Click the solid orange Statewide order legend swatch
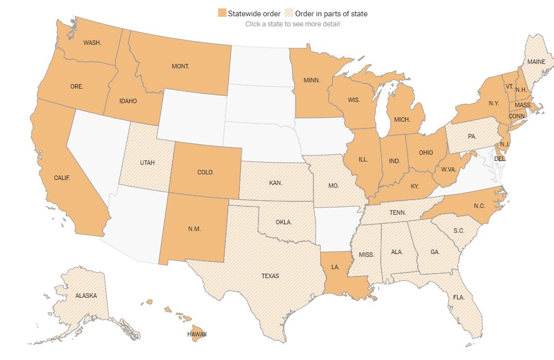223,13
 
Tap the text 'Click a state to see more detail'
292,24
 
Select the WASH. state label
92,43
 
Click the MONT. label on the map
180,66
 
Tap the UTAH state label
147,163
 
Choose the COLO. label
206,172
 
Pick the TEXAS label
269,276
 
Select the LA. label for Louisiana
335,267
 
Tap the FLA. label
459,297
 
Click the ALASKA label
86,295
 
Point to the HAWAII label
197,334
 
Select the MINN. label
311,80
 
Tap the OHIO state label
426,153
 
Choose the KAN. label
275,183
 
